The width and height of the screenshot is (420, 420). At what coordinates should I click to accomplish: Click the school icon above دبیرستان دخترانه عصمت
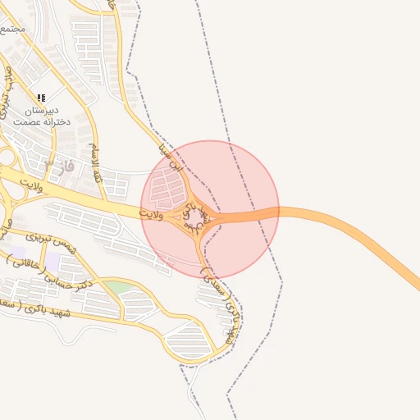[41, 98]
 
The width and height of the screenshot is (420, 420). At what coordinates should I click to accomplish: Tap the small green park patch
[117, 287]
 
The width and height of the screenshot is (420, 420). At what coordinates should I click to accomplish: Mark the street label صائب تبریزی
[7, 90]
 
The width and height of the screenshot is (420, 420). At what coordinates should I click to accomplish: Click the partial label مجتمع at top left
[13, 29]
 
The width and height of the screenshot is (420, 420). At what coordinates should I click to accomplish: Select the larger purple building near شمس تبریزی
[52, 262]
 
